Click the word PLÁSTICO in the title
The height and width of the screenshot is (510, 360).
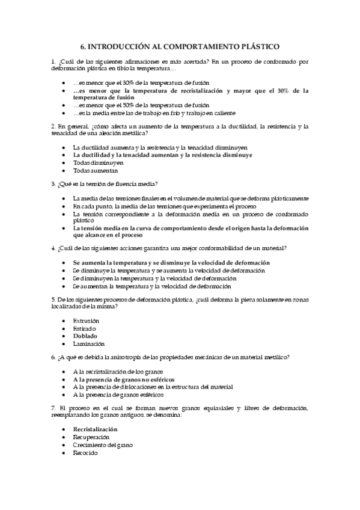coord(260,46)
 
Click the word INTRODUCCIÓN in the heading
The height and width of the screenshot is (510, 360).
coord(119,46)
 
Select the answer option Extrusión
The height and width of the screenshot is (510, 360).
coord(86,321)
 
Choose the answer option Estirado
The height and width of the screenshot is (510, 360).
coord(84,328)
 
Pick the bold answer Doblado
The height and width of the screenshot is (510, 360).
coord(85,336)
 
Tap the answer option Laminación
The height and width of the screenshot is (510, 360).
coord(88,344)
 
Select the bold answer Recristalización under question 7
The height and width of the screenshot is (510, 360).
coord(95,429)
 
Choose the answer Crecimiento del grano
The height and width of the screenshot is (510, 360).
coord(102,444)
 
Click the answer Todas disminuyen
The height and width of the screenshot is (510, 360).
coord(98,162)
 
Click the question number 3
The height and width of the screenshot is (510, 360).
coord(53,183)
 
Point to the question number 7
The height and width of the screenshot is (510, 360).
coord(53,408)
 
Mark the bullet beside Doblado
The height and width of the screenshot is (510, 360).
coord(64,336)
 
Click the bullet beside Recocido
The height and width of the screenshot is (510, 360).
coord(64,452)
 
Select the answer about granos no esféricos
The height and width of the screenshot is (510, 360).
coord(123,379)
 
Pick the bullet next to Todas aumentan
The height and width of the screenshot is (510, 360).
coord(64,170)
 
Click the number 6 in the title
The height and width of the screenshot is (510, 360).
coord(82,46)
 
